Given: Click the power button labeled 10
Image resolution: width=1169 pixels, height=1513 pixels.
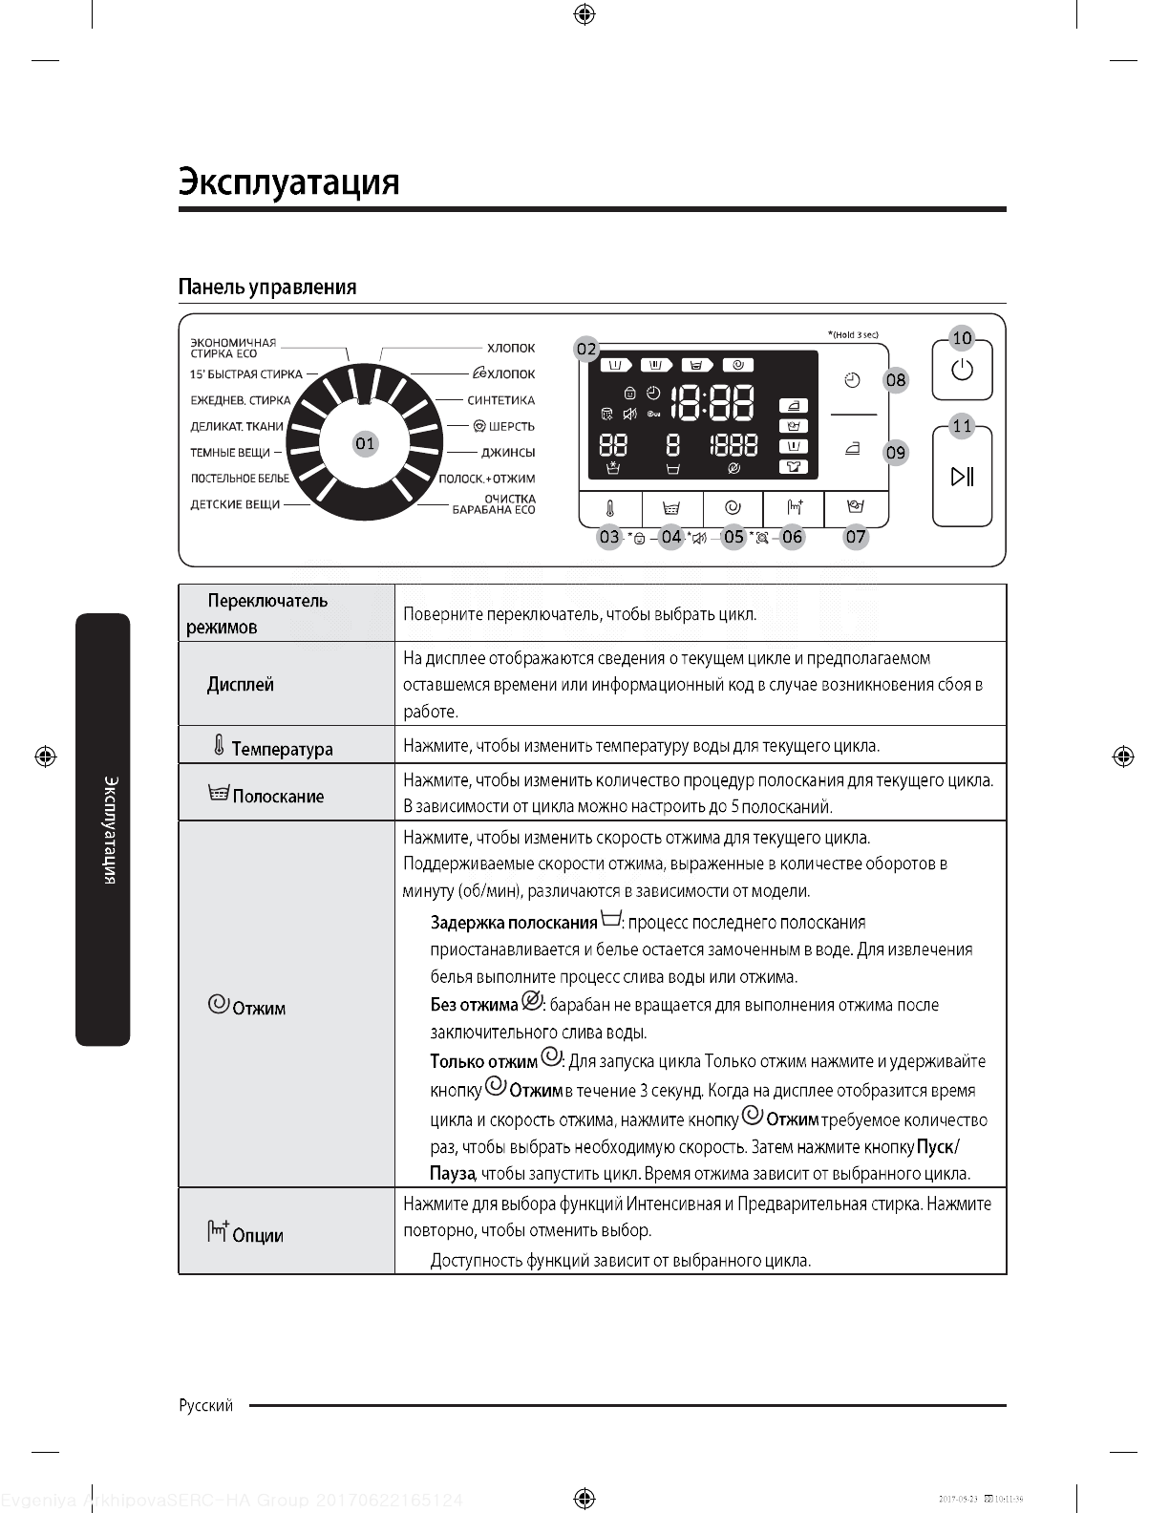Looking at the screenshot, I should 962,370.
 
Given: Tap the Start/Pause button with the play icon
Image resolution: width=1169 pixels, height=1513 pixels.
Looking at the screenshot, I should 962,476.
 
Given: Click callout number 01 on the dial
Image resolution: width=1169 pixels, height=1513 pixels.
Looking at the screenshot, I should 365,443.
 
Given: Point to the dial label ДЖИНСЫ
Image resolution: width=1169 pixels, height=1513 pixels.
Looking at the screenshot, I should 507,453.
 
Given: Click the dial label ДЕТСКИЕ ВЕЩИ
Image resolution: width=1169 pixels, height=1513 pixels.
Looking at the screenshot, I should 235,504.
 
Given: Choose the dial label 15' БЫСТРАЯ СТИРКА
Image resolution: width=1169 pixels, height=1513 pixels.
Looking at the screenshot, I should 245,374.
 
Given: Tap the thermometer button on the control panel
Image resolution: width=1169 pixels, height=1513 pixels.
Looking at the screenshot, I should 610,508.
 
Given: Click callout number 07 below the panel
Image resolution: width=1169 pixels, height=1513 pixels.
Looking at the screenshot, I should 855,537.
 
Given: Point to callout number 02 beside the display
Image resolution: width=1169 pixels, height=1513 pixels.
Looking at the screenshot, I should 585,350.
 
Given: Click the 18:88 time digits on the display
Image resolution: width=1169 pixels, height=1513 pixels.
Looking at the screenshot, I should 712,404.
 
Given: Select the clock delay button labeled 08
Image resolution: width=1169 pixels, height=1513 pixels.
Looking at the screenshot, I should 853,380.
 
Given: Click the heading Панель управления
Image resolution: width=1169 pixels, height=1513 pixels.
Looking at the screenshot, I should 267,288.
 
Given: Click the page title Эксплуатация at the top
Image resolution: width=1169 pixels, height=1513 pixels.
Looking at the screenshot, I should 288,181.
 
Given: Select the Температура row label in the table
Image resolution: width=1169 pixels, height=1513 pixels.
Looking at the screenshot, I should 282,749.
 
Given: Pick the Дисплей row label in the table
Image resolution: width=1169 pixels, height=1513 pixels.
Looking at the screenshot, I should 241,685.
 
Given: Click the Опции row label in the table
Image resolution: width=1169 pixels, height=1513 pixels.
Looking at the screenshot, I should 257,1235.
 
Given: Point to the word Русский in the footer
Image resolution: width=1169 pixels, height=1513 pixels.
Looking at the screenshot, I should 206,1405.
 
